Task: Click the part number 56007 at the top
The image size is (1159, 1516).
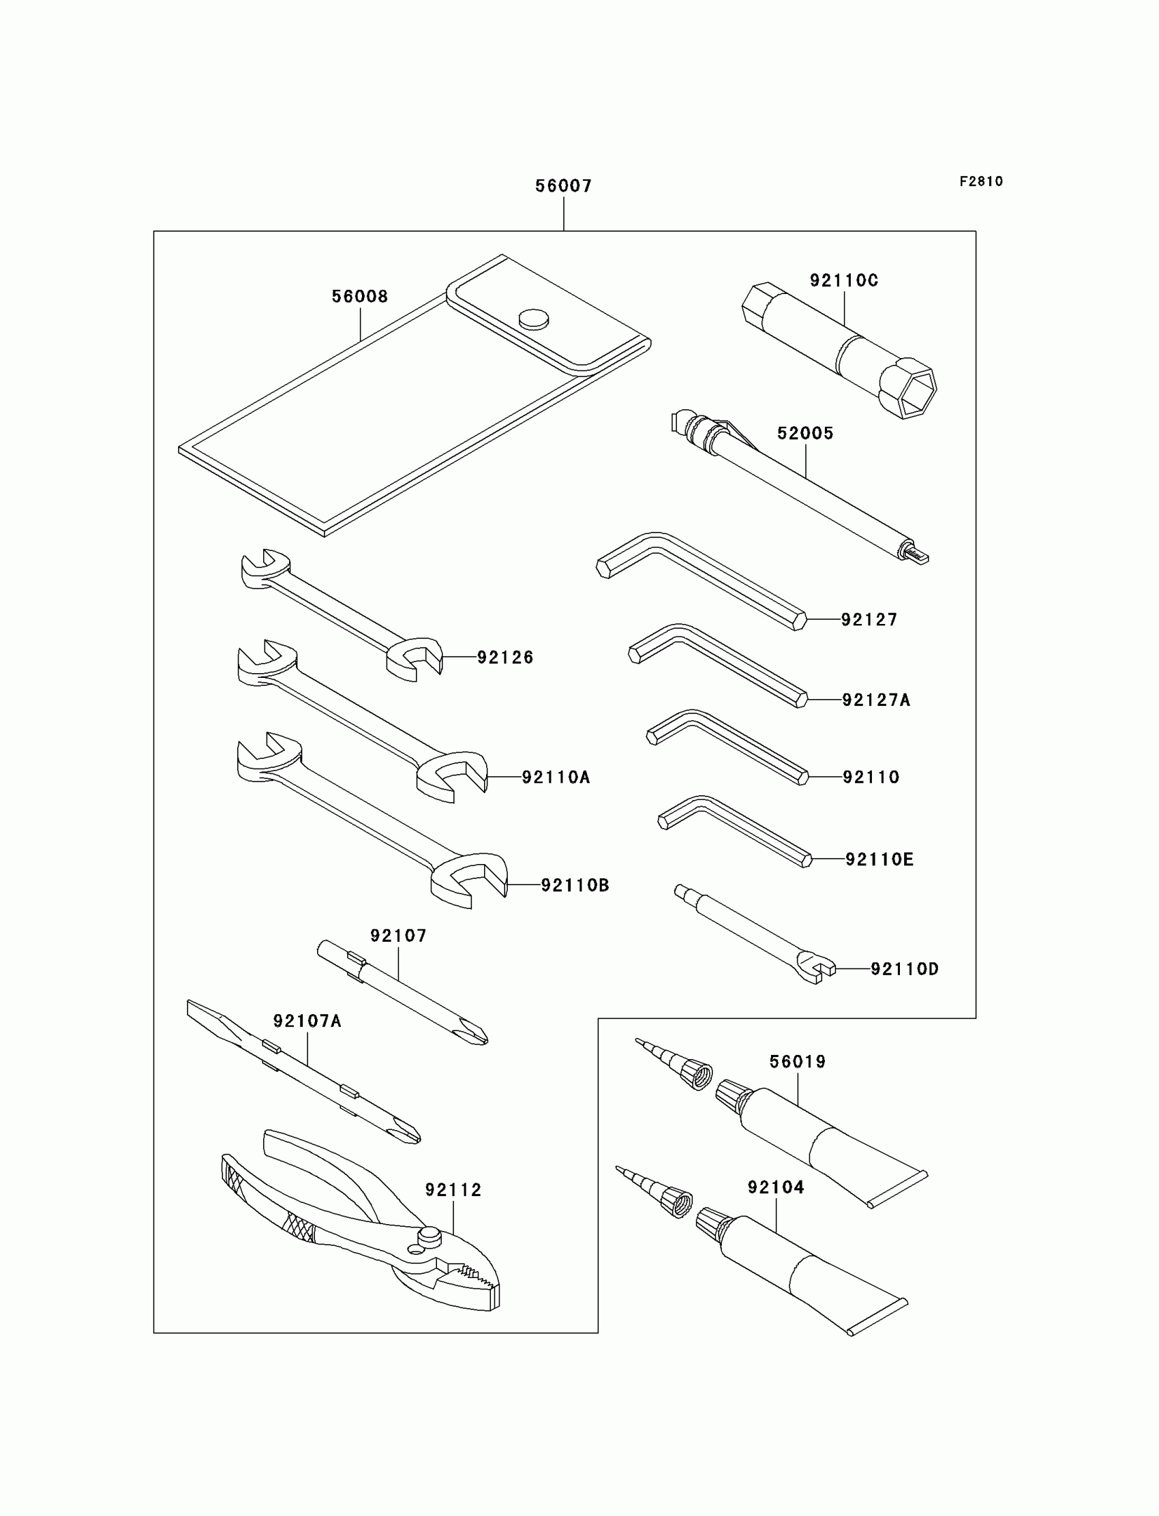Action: click(x=563, y=185)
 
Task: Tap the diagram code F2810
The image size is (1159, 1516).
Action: click(x=980, y=181)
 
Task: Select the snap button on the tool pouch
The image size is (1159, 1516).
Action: click(x=534, y=318)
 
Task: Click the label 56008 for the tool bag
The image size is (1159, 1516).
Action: click(x=359, y=296)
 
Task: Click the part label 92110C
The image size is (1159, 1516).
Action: click(x=844, y=280)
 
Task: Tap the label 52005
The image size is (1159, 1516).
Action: click(x=805, y=433)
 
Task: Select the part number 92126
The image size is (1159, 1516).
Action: click(x=505, y=657)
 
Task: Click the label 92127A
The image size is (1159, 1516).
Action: click(x=875, y=700)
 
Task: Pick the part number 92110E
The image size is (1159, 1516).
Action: click(x=879, y=859)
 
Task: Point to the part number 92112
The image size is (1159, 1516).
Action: click(x=453, y=1189)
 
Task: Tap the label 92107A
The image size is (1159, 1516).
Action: click(x=307, y=1021)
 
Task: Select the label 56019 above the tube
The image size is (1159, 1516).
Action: click(x=798, y=1061)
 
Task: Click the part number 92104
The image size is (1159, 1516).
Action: click(x=775, y=1187)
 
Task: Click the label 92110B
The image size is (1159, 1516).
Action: click(x=575, y=885)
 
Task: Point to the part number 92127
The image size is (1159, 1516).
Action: click(x=869, y=619)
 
